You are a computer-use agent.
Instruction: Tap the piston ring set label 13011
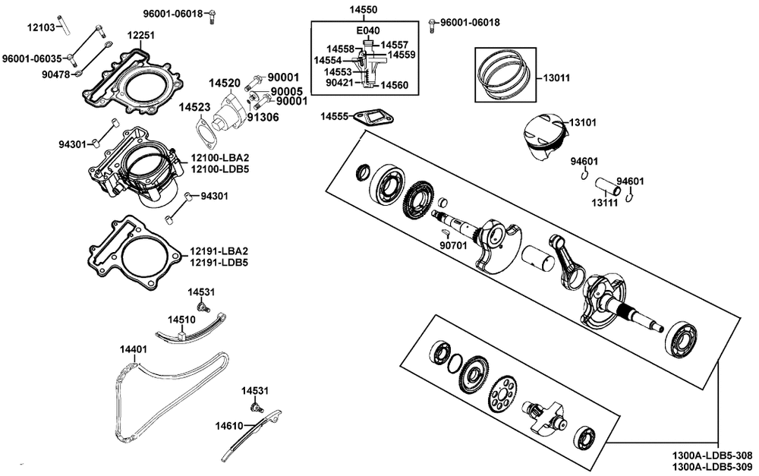click(x=556, y=77)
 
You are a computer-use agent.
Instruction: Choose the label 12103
click(x=41, y=27)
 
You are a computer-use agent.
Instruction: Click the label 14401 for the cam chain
click(x=134, y=349)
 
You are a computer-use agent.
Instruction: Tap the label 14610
click(x=229, y=426)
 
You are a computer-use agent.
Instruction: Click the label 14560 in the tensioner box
click(x=394, y=85)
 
